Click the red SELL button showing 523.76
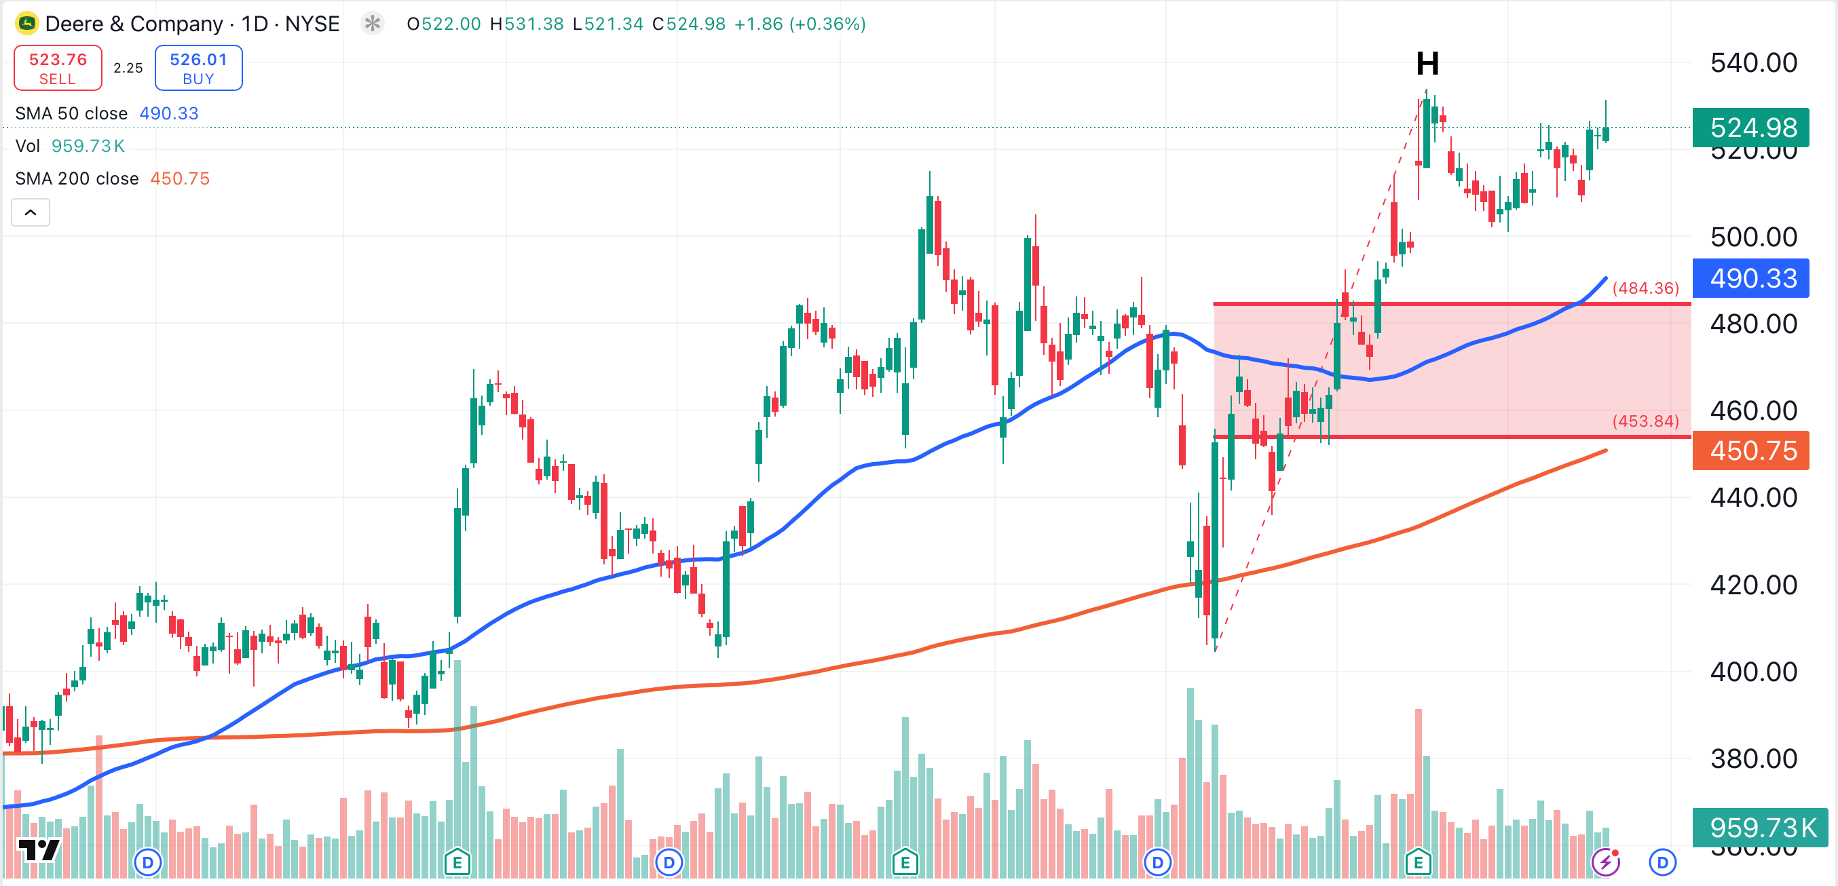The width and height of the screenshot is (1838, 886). (x=58, y=68)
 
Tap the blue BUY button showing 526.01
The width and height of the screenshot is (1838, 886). (x=198, y=68)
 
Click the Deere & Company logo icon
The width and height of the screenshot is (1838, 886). (x=26, y=24)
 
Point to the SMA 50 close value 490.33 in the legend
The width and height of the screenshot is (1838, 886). (x=169, y=113)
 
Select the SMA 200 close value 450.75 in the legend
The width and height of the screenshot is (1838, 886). (x=180, y=178)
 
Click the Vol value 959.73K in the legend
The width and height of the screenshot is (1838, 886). (x=88, y=146)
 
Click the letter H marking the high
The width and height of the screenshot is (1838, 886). (x=1427, y=64)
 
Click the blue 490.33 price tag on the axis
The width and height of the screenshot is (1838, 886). (x=1752, y=278)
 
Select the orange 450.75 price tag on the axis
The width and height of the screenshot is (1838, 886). (x=1752, y=451)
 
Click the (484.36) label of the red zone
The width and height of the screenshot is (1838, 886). (x=1645, y=288)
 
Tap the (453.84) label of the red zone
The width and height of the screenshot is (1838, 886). (x=1645, y=421)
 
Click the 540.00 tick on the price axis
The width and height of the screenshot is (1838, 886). (x=1753, y=63)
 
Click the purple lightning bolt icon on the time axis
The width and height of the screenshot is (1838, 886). (x=1605, y=862)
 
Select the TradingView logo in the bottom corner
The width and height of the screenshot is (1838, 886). (x=39, y=849)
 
